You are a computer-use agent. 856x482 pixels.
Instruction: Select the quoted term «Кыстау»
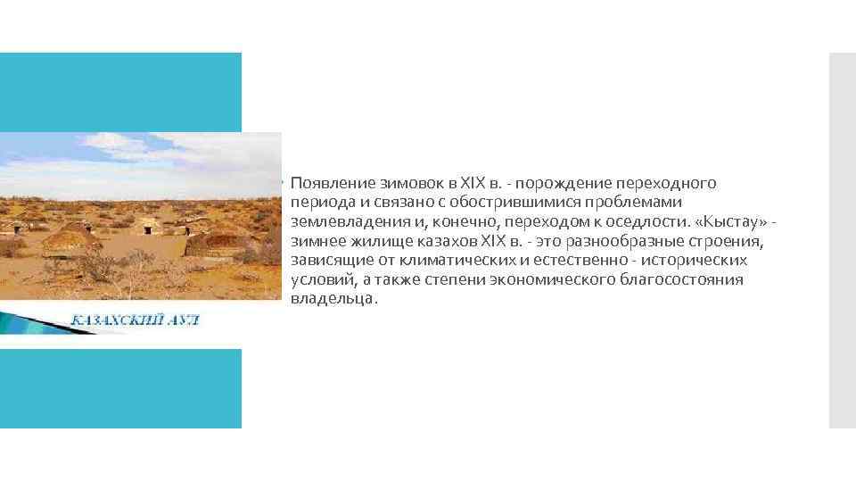(728, 222)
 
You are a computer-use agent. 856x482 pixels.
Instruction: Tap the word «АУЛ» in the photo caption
(183, 320)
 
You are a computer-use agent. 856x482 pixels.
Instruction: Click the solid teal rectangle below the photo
(120, 388)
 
